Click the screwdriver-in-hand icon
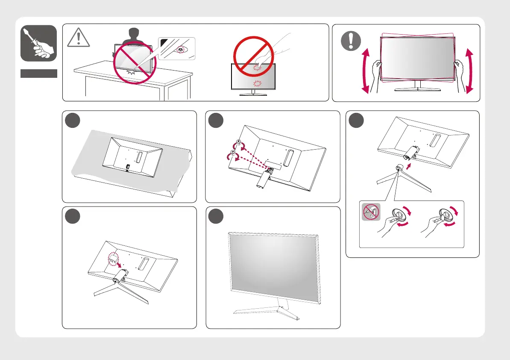38,44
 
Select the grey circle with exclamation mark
349,42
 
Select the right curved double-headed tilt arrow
469,71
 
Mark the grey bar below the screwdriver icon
38,74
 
